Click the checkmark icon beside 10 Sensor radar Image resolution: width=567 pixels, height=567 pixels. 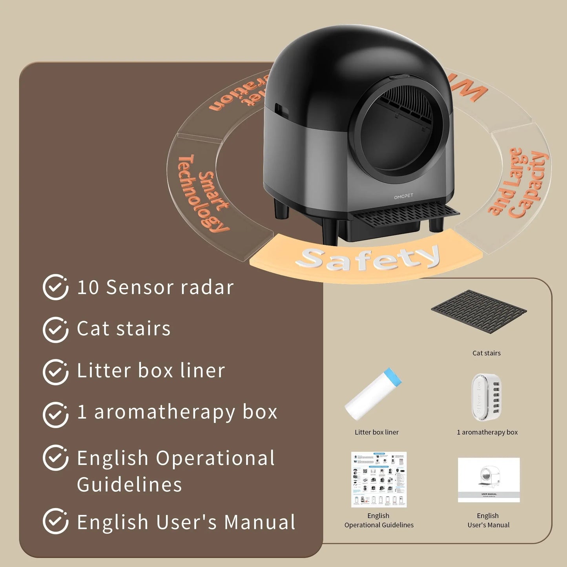55,287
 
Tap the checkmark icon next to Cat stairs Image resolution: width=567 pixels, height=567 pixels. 55,330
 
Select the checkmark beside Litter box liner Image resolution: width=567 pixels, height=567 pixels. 55,372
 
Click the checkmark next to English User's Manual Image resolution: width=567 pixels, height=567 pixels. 55,521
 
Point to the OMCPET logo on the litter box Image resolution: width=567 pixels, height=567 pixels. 403,196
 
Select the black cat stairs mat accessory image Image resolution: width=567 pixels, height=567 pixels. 479,311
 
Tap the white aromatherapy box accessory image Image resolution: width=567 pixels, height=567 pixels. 487,397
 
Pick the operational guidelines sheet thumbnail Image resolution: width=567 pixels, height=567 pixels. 379,479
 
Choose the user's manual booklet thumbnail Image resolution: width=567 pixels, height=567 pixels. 489,479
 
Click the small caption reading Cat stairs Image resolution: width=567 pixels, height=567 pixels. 487,353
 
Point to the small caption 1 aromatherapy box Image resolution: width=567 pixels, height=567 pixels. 487,432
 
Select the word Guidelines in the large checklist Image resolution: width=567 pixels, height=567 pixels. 129,485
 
